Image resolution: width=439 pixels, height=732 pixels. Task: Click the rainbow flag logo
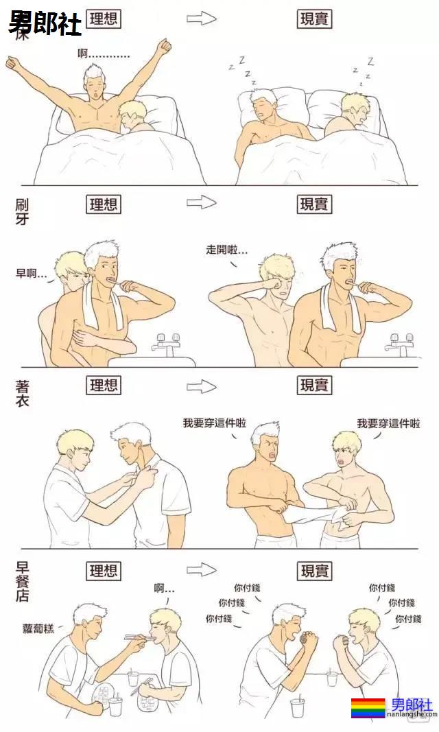368,708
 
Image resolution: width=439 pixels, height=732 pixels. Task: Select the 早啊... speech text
32,273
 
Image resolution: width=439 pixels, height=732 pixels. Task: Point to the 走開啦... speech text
227,250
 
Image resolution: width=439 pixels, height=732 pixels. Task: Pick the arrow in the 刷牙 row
202,202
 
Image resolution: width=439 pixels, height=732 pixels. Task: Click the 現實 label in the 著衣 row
315,386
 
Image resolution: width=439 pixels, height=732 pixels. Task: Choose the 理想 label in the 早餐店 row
104,570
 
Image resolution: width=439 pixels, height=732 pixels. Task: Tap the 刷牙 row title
22,211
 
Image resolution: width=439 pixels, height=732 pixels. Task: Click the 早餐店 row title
22,581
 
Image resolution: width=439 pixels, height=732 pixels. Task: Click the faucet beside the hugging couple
168,343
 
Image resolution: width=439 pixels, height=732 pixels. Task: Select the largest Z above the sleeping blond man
370,61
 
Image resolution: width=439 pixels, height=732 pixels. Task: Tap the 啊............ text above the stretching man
103,54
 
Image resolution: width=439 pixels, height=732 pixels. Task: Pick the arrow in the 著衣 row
202,386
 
